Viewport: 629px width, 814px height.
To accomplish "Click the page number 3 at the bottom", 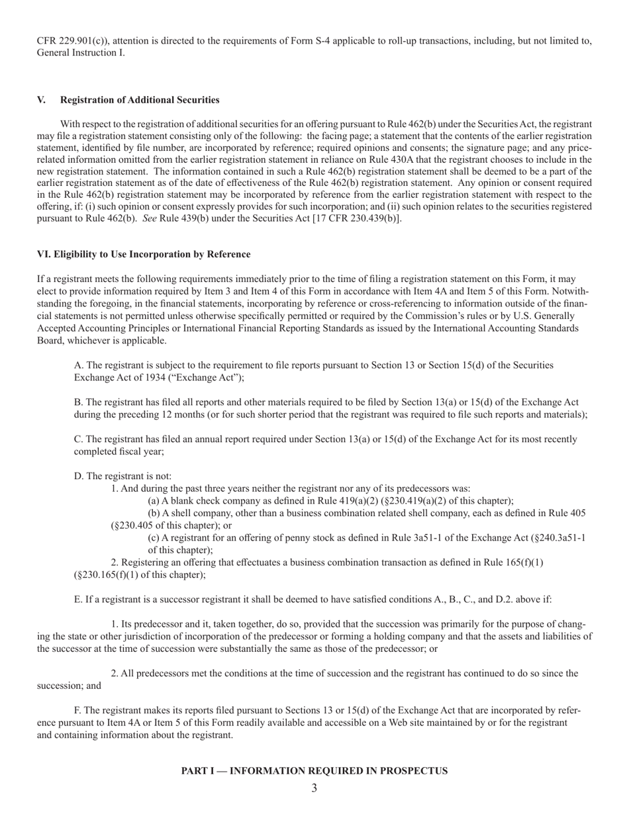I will coord(314,788).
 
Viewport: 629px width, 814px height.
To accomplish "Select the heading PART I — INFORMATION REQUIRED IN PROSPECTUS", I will coord(314,771).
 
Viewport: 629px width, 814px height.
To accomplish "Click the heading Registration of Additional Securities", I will coord(140,100).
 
